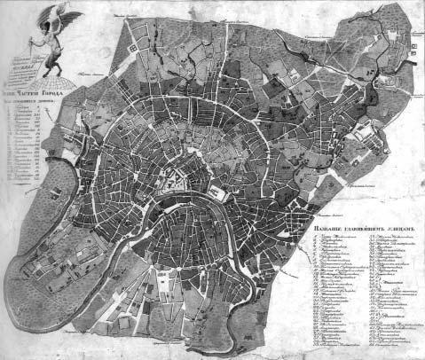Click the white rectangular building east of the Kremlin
(x=218, y=192)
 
